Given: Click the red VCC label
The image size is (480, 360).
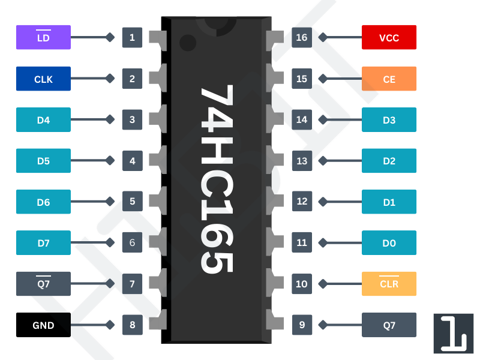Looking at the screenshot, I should (389, 37).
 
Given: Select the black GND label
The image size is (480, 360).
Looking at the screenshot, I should (43, 325).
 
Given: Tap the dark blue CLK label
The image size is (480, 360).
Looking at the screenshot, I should (43, 79).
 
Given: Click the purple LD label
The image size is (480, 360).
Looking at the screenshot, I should (43, 37).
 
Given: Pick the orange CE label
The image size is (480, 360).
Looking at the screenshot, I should (389, 79).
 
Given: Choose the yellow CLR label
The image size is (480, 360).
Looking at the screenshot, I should (389, 284).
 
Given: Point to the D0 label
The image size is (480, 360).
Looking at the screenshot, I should (389, 243).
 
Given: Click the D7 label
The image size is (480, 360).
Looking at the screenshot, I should (43, 243).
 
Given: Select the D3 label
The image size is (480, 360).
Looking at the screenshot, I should (389, 120).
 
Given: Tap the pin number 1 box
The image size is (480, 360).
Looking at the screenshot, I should (132, 37).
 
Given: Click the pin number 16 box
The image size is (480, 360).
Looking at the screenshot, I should (301, 37).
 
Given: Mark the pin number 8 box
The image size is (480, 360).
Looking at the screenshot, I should (132, 325).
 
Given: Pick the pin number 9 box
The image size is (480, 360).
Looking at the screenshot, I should (301, 325).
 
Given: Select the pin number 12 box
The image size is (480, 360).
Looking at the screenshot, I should (301, 202).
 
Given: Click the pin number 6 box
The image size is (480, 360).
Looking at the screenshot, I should (132, 243).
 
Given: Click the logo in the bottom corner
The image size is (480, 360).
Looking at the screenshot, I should (453, 333).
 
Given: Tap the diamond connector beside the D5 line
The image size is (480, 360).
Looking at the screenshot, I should (110, 161).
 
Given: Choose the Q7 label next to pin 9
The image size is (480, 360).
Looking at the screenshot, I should (389, 325).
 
